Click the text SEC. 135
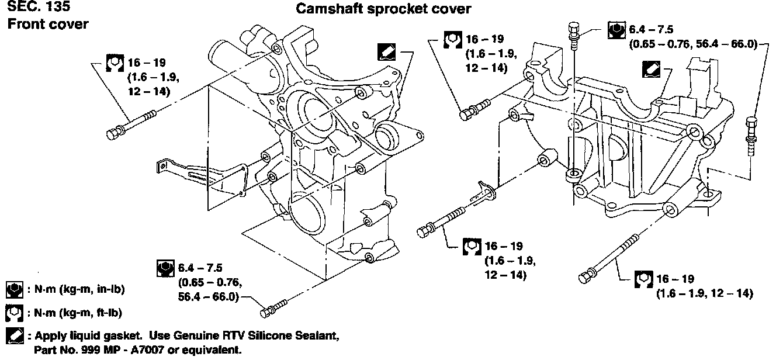(39, 6)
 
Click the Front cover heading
(48, 25)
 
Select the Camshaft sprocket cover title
(383, 9)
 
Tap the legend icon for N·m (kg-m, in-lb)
(15, 290)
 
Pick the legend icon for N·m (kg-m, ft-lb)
(15, 313)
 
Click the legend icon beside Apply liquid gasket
(15, 335)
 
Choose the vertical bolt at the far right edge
(751, 136)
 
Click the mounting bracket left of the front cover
(202, 178)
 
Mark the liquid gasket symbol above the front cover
(386, 52)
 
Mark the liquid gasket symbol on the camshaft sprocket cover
(651, 70)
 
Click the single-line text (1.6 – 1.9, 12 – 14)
(704, 294)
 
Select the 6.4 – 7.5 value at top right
(651, 29)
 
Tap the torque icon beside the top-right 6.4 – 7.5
(616, 30)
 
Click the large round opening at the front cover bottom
(307, 217)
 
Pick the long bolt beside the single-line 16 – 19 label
(609, 258)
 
